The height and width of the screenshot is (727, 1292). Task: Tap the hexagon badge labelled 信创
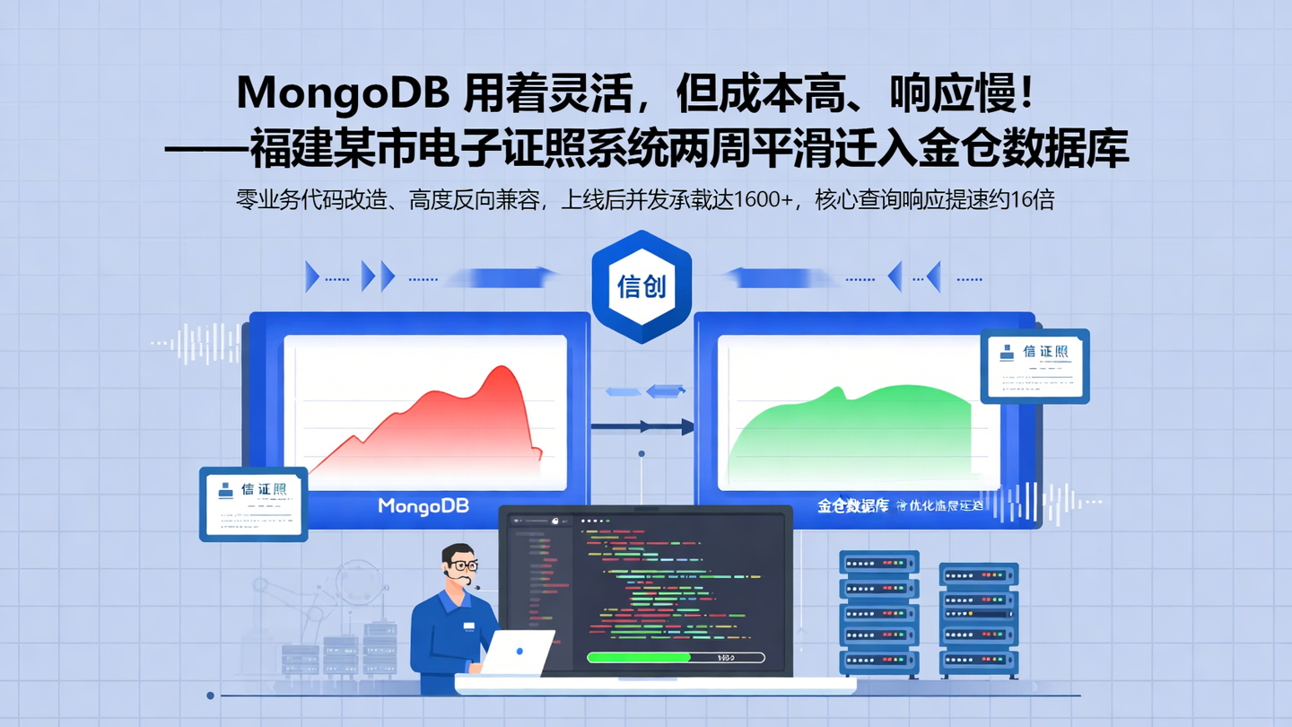pyautogui.click(x=642, y=286)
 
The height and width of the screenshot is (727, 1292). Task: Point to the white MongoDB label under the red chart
pyautogui.click(x=423, y=506)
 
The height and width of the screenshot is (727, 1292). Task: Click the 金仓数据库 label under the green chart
pyautogui.click(x=852, y=505)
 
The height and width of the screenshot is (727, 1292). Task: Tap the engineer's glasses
pyautogui.click(x=463, y=565)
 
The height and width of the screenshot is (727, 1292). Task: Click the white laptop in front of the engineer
pyautogui.click(x=518, y=653)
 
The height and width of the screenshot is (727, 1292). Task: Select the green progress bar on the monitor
pyautogui.click(x=639, y=658)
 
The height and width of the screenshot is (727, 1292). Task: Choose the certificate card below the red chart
pyautogui.click(x=253, y=504)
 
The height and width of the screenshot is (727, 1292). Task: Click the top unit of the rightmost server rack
pyautogui.click(x=978, y=574)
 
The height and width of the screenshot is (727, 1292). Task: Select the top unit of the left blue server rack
pyautogui.click(x=879, y=564)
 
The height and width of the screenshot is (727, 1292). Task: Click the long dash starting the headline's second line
pyautogui.click(x=206, y=149)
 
